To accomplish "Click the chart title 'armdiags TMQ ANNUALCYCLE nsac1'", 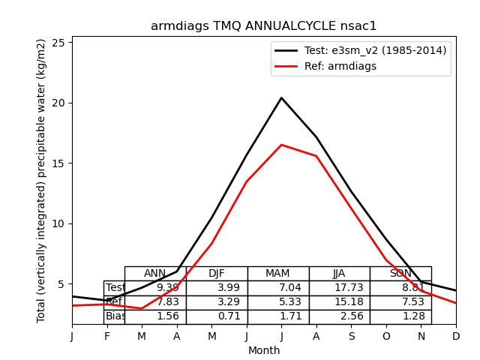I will tap(264, 26).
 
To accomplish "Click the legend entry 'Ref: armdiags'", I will tap(340, 66).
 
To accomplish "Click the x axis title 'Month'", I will tap(264, 350).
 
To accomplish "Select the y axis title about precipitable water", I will tap(42, 180).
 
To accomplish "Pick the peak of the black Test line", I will tap(281, 97).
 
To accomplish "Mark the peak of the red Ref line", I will tap(281, 145).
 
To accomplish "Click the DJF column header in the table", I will tap(217, 274).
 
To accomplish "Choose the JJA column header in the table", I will tap(339, 274).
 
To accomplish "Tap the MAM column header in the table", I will tap(277, 274).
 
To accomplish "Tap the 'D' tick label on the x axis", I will tap(456, 337).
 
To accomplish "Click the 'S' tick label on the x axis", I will tap(351, 337).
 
